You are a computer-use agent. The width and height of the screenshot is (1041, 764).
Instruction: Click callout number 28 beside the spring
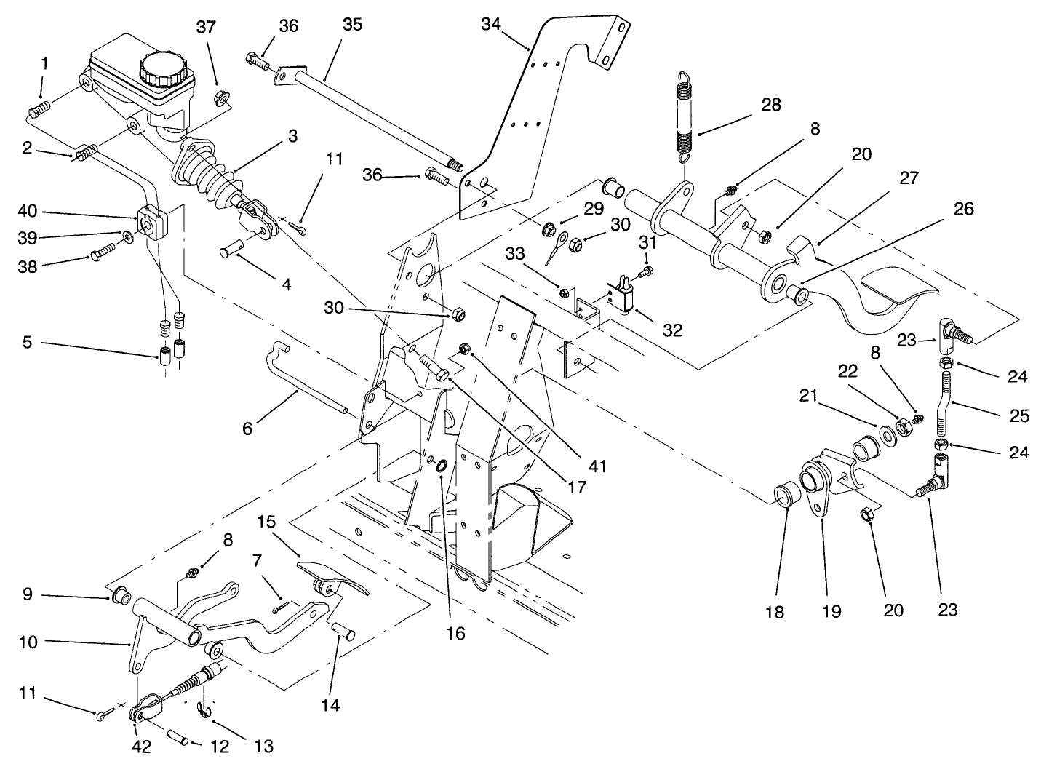point(770,105)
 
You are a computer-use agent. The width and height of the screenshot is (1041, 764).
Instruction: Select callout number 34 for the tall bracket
point(492,24)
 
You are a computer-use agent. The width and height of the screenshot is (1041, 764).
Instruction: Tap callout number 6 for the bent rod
point(247,429)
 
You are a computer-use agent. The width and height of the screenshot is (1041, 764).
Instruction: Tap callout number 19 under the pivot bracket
point(831,610)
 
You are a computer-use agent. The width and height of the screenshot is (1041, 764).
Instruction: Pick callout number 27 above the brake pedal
point(909,178)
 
